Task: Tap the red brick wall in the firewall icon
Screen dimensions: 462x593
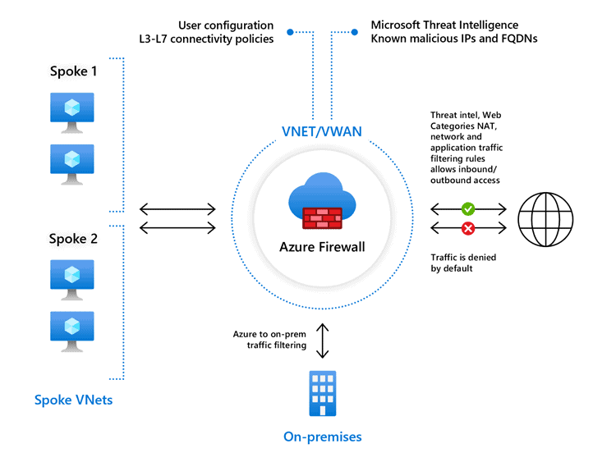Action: point(321,217)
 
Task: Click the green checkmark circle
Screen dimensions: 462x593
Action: point(468,209)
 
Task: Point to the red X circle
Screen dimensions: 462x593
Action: point(468,227)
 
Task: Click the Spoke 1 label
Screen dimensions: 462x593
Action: point(73,71)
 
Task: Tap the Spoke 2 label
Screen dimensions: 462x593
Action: point(73,239)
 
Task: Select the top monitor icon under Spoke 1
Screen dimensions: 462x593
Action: point(72,112)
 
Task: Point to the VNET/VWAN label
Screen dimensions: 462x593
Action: point(321,131)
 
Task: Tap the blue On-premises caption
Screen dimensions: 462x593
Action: point(322,437)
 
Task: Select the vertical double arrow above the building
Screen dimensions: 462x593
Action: point(322,340)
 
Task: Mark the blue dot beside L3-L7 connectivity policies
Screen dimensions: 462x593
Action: point(289,33)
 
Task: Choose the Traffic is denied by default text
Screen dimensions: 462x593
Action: point(463,263)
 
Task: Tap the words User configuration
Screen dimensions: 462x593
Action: point(226,25)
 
